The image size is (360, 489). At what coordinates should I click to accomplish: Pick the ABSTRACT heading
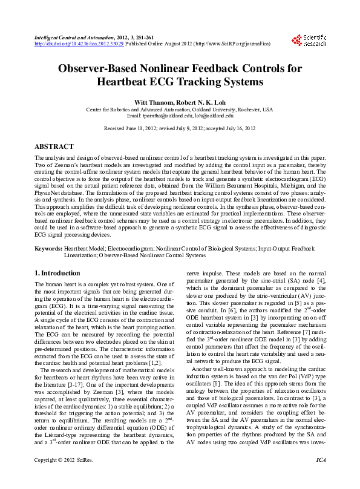(x=54, y=147)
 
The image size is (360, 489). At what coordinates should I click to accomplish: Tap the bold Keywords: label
(x=48, y=248)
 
